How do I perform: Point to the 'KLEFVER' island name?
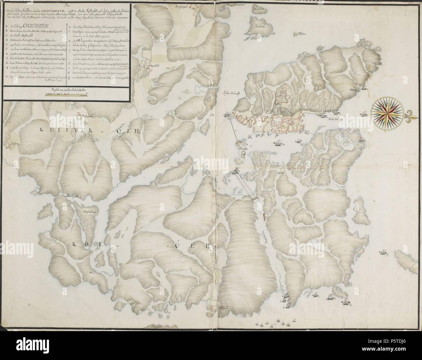(x=52, y=131)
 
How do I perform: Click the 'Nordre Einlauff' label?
(x=336, y=119)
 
